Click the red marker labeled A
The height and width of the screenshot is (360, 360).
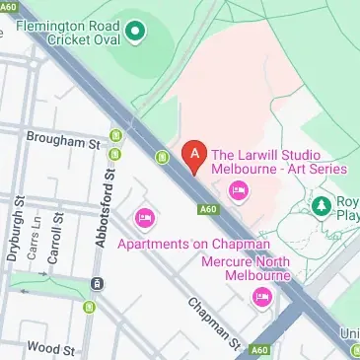195,156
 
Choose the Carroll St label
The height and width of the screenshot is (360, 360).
59,234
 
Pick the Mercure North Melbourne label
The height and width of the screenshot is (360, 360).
246,270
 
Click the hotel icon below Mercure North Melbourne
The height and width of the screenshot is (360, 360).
261,297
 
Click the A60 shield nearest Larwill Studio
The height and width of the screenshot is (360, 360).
207,208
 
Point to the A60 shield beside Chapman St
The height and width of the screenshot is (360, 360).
259,350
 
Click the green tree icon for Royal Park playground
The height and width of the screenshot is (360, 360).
323,206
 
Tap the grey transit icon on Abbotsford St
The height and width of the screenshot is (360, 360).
97,283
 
